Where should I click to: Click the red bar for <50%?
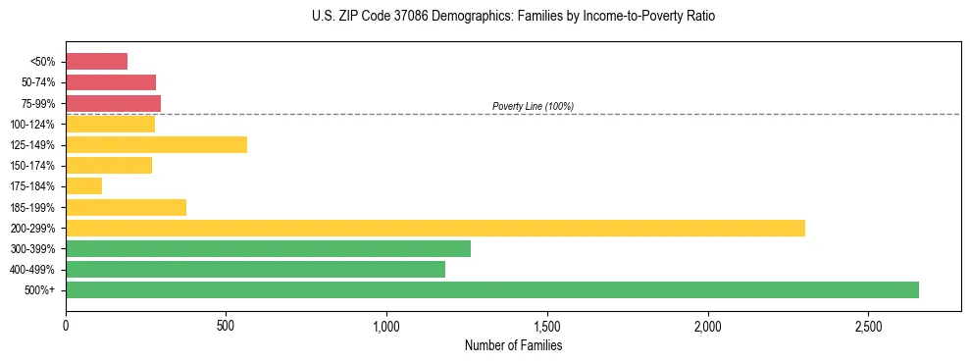(96, 62)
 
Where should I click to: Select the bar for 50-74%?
(111, 82)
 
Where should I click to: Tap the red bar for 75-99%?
(113, 103)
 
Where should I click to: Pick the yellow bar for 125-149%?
(156, 144)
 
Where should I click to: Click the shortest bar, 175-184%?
(83, 186)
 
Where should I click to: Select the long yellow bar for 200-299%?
(434, 228)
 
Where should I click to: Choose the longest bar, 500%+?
(491, 289)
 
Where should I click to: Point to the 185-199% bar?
(126, 207)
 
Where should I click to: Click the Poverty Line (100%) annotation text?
(533, 106)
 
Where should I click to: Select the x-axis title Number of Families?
(514, 345)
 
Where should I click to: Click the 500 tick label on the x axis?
(226, 324)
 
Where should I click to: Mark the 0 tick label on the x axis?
(66, 324)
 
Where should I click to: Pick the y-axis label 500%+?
(40, 290)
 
